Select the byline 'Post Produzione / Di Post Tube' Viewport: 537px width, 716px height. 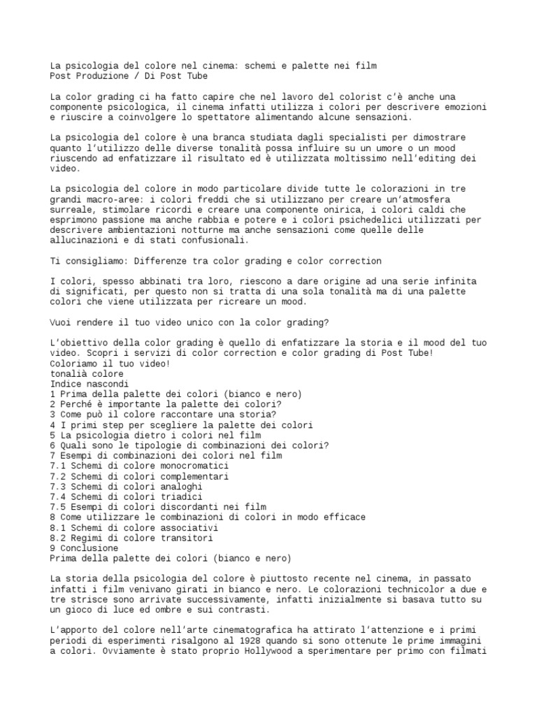[x=129, y=76]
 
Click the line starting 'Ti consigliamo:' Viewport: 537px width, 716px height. [x=216, y=261]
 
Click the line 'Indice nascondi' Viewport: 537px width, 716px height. [x=89, y=384]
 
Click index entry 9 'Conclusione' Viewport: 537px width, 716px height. [x=84, y=548]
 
